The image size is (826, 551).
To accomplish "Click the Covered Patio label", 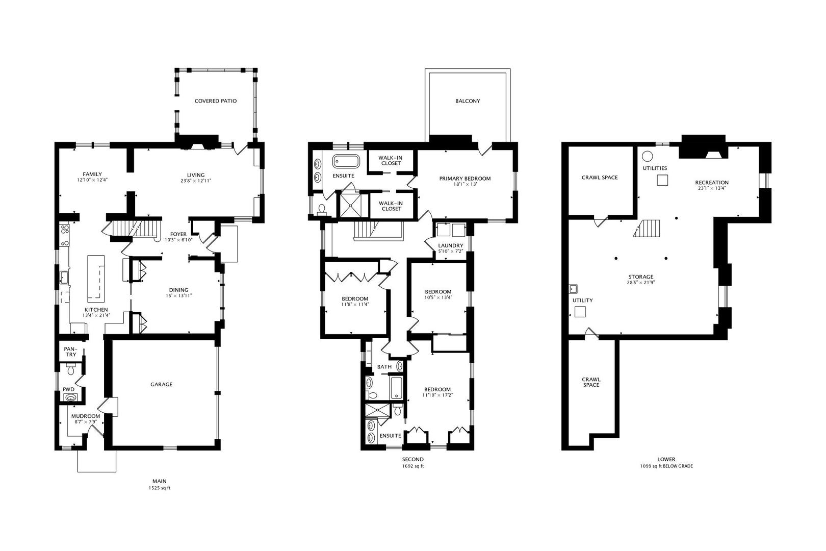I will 216,101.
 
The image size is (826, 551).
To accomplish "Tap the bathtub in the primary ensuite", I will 346,162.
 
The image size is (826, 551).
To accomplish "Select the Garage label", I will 161,384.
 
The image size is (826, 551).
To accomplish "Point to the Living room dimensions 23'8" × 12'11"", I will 196,181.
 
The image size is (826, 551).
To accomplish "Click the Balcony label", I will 468,101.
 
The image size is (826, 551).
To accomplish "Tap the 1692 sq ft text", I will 412,466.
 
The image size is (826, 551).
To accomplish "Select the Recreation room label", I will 712,182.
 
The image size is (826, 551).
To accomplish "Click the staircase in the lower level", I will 647,228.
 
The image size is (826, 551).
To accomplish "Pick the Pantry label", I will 70,352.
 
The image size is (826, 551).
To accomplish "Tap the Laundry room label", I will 451,245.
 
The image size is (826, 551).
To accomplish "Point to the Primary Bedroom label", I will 465,179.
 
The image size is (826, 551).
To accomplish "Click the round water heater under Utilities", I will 648,156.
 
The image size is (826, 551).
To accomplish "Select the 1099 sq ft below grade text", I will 666,466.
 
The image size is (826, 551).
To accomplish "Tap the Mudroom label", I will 86,416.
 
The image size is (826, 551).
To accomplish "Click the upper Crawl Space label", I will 600,178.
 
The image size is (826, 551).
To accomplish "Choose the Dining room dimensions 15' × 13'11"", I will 178,295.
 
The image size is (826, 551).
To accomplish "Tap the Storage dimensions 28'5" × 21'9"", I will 641,283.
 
